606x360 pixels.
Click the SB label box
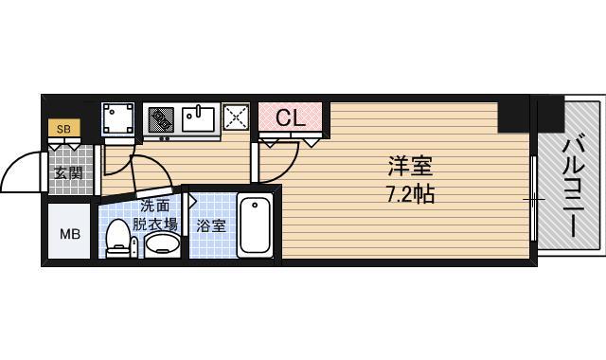[63, 128]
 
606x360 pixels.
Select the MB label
[70, 233]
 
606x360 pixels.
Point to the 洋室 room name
[409, 167]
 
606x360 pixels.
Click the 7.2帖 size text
[409, 196]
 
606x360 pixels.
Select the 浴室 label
[210, 226]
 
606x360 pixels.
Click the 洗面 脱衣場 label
[154, 215]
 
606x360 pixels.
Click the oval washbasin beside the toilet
[162, 243]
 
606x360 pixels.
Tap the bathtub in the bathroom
[256, 224]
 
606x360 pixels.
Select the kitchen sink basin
[200, 119]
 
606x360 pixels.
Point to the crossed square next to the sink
[235, 118]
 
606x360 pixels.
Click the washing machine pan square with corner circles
[119, 119]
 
